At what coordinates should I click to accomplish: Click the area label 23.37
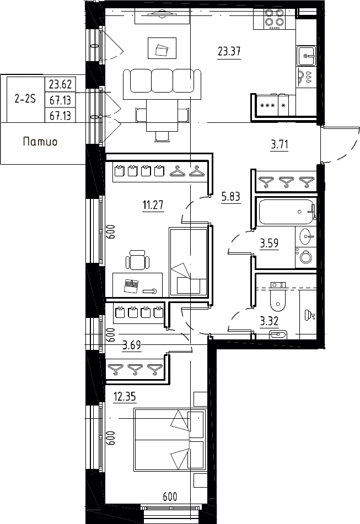[229, 51]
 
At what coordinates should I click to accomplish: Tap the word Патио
[40, 142]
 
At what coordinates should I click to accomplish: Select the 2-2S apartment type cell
[25, 99]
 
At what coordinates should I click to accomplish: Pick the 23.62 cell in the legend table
[60, 84]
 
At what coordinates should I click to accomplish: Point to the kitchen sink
[307, 56]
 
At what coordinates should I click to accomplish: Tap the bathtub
[287, 212]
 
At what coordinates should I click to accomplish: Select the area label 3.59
[270, 243]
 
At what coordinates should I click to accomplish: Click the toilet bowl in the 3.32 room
[278, 300]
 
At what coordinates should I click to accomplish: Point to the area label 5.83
[230, 197]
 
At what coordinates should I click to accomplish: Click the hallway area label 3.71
[280, 145]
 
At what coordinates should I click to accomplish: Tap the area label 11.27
[153, 204]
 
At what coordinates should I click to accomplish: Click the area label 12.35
[125, 397]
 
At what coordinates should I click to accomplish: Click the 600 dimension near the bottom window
[170, 497]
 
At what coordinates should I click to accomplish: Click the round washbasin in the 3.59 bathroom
[306, 236]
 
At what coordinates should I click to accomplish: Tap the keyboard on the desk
[132, 286]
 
